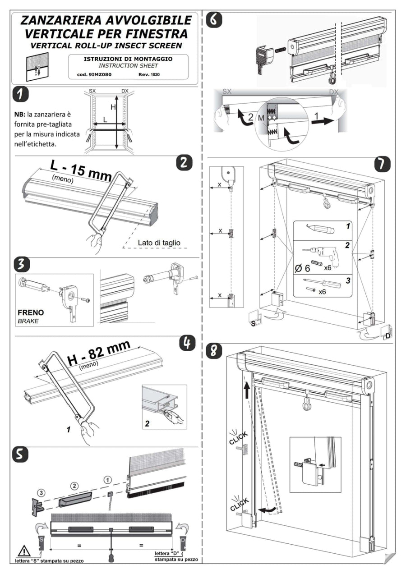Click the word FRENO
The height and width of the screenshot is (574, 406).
(x=30, y=312)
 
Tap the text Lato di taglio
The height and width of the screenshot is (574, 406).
(x=159, y=243)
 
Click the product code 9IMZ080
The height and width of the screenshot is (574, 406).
(x=95, y=74)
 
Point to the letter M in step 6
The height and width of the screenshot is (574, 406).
(x=261, y=118)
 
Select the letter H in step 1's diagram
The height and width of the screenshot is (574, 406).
(x=114, y=107)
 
